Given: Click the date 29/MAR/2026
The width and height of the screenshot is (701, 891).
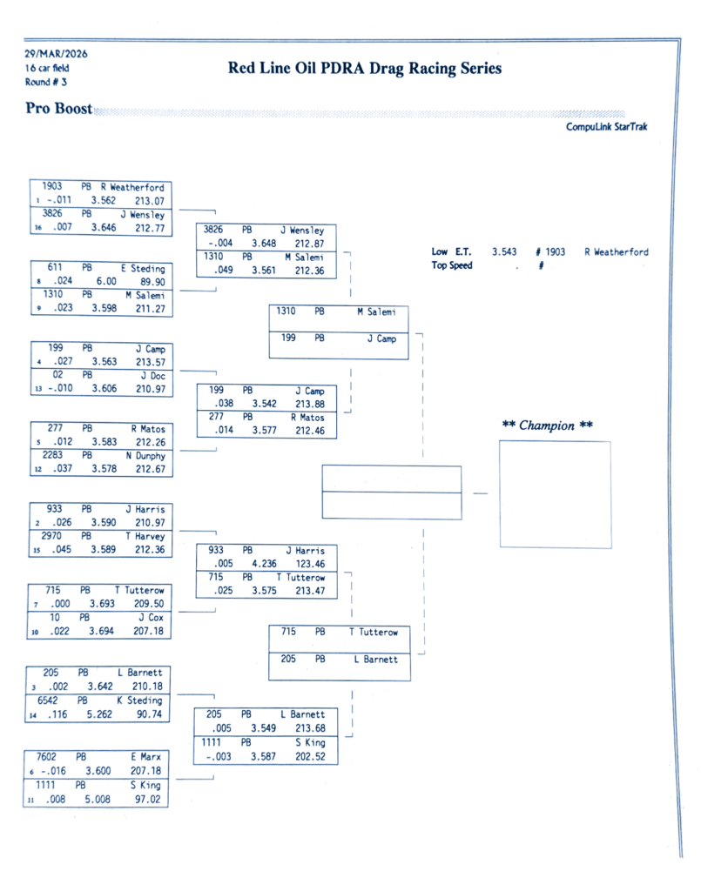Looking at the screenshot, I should (57, 53).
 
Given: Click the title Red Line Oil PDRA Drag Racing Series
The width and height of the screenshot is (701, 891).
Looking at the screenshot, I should (364, 69).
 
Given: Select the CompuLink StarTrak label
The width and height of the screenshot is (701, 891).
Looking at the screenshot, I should (606, 127).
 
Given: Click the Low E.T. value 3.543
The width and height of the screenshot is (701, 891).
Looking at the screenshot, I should (504, 252).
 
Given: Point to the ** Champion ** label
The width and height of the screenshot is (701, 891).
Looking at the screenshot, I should (548, 425).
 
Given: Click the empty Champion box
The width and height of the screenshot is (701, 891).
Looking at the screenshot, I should (555, 494).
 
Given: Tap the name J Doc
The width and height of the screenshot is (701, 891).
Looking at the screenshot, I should (152, 376).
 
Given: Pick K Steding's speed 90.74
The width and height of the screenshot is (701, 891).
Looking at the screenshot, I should (149, 714).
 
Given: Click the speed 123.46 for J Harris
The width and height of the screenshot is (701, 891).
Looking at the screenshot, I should (310, 564).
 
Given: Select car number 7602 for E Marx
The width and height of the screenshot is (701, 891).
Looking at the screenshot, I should (47, 758).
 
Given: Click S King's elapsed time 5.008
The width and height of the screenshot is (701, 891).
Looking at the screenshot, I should (97, 799).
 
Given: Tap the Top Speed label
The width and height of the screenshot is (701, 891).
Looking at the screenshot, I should (452, 266).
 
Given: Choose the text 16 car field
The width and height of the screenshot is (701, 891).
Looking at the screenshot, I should (47, 68).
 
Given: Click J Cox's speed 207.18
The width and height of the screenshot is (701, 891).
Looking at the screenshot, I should (148, 632).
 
